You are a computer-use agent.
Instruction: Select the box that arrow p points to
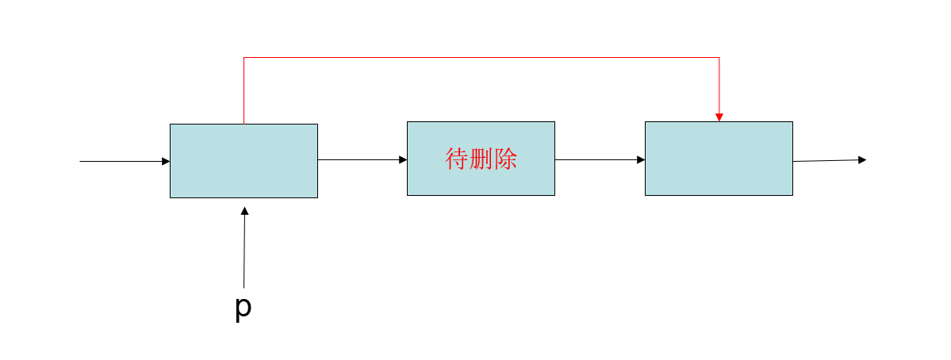[244, 161]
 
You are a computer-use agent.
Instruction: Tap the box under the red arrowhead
[719, 159]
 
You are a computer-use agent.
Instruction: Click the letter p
[244, 307]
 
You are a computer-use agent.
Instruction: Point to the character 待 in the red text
[457, 159]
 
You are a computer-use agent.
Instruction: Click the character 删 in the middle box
[481, 159]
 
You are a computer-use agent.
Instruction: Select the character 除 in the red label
[505, 159]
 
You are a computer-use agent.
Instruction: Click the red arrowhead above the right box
[719, 117]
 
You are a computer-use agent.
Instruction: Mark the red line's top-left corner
[244, 58]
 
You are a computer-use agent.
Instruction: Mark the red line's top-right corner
[719, 58]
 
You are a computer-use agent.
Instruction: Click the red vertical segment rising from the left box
[244, 90]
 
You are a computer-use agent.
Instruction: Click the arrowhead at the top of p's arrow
[245, 211]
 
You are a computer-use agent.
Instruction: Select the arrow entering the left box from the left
[123, 161]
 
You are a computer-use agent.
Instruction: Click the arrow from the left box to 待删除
[361, 159]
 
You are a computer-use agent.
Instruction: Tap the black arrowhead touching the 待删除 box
[403, 159]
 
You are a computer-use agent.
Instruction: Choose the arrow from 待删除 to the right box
[599, 159]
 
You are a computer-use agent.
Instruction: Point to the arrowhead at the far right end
[862, 159]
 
